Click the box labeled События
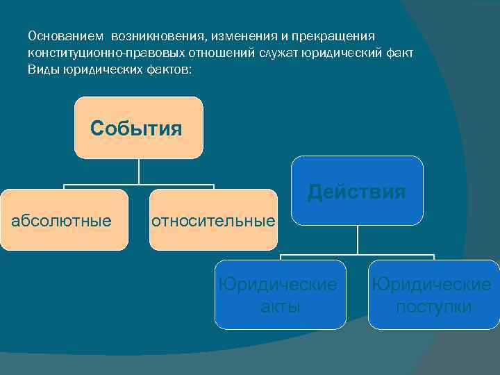pos(138,128)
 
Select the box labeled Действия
pos(357,190)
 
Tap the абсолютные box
pos(64,220)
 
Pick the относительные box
pos(213,220)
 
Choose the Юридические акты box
pos(280,294)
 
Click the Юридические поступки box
pos(433,294)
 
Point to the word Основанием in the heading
pos(64,35)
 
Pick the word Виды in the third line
pos(42,70)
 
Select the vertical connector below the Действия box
pos(358,240)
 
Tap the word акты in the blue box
pos(280,306)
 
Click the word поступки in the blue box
pos(433,306)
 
